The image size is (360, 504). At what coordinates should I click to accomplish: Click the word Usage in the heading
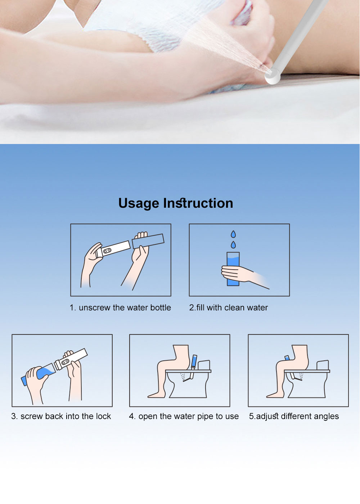click(x=139, y=203)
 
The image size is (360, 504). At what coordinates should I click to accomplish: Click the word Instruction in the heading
click(x=198, y=203)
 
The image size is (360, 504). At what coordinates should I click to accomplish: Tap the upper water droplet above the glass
click(x=233, y=234)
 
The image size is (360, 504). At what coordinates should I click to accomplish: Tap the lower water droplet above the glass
click(x=233, y=245)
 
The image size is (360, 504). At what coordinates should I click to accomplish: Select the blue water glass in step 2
click(x=233, y=269)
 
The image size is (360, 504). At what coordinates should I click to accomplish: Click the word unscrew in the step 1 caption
click(x=94, y=308)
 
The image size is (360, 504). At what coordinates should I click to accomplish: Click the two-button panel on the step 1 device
click(x=107, y=251)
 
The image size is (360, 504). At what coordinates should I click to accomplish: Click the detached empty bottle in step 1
click(x=148, y=241)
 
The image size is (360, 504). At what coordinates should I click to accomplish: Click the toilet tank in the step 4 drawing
click(x=204, y=365)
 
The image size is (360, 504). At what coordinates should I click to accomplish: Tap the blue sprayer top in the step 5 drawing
click(x=287, y=358)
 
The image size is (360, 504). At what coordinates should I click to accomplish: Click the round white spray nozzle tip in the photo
click(x=272, y=76)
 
